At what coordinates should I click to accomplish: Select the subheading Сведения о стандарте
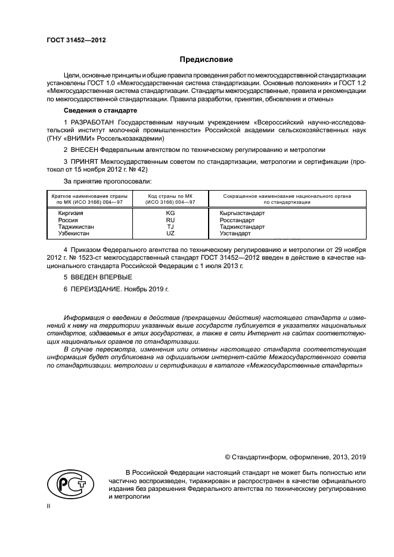(100, 111)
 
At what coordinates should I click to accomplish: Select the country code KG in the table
(170, 213)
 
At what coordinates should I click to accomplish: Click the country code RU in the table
(170, 220)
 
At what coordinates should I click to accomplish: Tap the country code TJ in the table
(170, 227)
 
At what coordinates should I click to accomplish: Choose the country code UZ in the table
(170, 234)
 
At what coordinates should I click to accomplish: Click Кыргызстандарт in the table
(242, 213)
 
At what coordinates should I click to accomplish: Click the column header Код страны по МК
(170, 196)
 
